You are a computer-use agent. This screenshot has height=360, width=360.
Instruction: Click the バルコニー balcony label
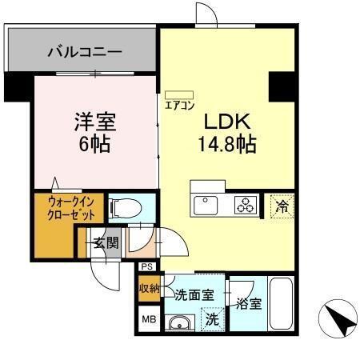[84, 53]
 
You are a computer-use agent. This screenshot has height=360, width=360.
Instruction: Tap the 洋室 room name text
[95, 122]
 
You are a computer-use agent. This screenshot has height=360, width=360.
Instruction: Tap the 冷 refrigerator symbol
[281, 205]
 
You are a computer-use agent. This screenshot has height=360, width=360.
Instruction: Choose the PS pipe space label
[146, 267]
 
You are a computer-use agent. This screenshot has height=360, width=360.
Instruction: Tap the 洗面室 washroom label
[194, 295]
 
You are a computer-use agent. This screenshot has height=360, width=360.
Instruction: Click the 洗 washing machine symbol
[212, 318]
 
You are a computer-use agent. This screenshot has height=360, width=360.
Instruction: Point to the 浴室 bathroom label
[248, 303]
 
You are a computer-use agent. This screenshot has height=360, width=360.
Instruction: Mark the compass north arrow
[337, 321]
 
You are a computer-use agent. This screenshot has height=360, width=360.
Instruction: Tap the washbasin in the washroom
[180, 322]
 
